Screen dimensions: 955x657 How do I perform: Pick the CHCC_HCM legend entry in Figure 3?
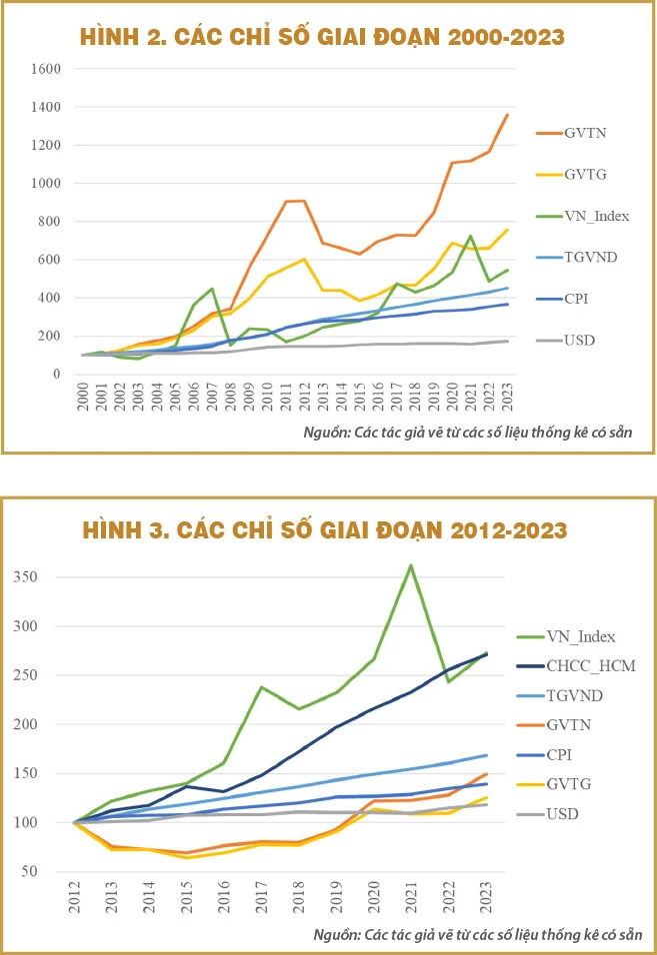pyautogui.click(x=590, y=665)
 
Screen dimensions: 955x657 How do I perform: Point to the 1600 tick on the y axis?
pyautogui.click(x=46, y=70)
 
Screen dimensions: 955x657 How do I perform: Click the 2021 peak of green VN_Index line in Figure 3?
pyautogui.click(x=410, y=565)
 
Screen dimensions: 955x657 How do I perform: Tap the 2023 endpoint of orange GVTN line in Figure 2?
pyautogui.click(x=507, y=115)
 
